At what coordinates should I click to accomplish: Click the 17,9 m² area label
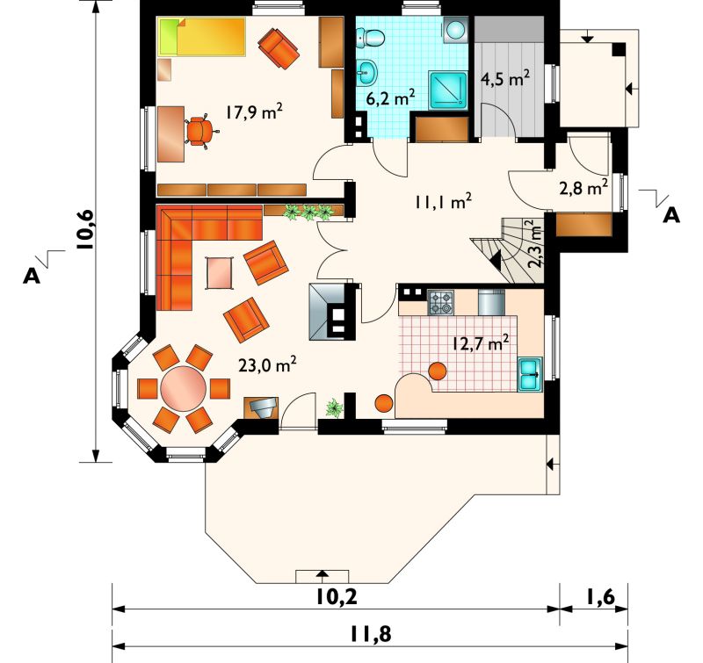tap(253, 112)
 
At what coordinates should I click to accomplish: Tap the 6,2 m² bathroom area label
tap(390, 97)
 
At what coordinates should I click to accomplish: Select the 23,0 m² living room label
tap(267, 364)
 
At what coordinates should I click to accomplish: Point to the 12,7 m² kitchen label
tap(480, 343)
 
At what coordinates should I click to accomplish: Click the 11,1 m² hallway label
tap(443, 202)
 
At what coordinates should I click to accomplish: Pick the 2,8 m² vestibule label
tap(583, 188)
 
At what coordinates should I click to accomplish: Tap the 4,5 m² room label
tap(505, 78)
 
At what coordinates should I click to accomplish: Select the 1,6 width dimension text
tap(600, 597)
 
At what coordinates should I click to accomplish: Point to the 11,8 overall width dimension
tap(370, 634)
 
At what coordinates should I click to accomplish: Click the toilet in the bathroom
tap(371, 37)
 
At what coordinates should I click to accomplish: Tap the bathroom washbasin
tap(367, 72)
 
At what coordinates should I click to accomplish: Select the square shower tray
tap(448, 90)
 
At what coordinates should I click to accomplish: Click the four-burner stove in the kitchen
tap(441, 302)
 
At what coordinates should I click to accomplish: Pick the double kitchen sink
tap(530, 374)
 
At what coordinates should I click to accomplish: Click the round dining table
tap(184, 388)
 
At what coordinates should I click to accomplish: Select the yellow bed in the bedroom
tap(201, 37)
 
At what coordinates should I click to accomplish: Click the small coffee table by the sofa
tap(219, 273)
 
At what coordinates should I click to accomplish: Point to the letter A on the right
tap(671, 215)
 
